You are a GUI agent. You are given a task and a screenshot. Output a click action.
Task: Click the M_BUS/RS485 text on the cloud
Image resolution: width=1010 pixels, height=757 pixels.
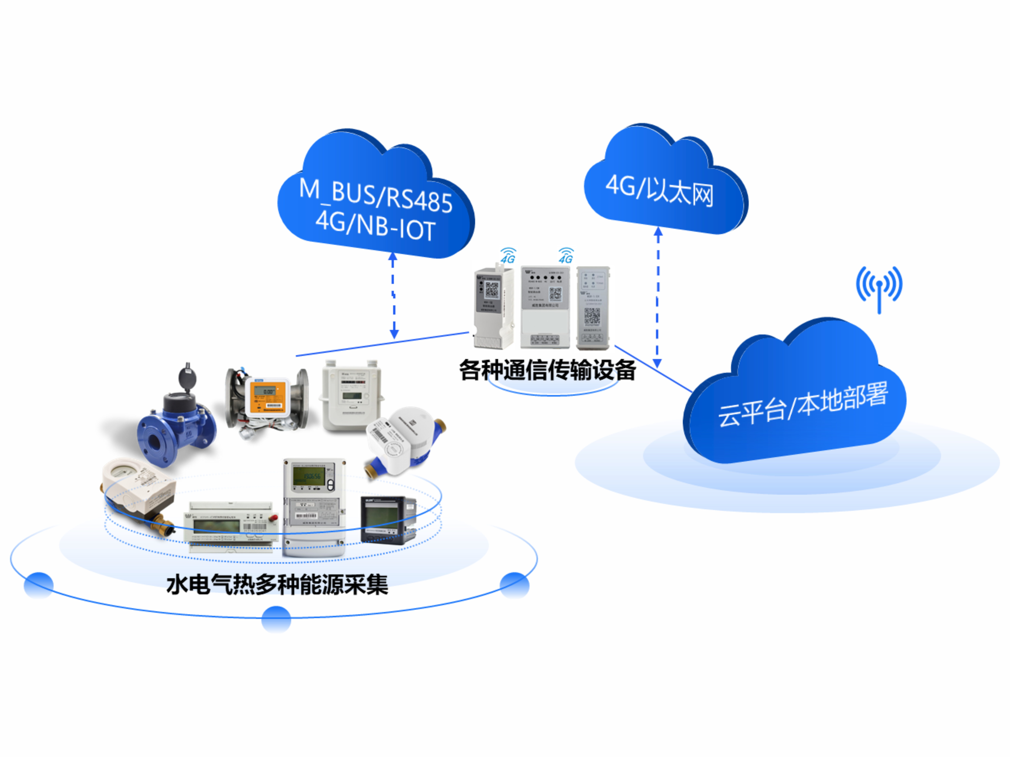point(375,196)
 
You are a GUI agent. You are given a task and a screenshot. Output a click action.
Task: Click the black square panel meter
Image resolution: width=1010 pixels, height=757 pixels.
point(388,520)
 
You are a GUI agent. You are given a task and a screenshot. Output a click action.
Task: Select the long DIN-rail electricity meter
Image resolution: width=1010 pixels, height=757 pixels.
point(232,526)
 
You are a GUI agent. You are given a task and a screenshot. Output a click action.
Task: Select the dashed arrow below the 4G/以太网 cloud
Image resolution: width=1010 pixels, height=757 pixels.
point(657,297)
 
